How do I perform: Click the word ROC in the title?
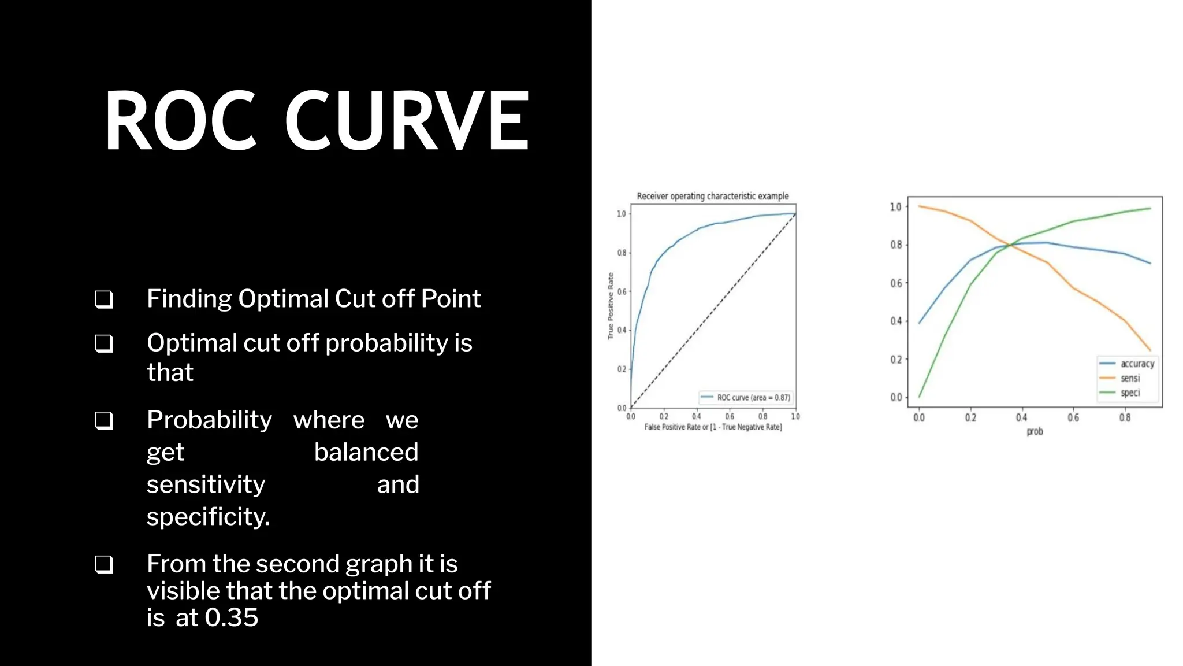pos(180,121)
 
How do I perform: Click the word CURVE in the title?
pos(407,121)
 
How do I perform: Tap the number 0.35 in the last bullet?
pos(232,617)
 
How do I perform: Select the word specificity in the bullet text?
pos(208,516)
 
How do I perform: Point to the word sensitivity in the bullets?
pos(206,484)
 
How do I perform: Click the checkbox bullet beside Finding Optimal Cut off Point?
pos(104,299)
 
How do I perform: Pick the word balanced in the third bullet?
pos(366,452)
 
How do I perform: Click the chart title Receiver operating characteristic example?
pos(712,196)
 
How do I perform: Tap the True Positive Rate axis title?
pos(611,306)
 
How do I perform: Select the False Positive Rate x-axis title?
pos(713,427)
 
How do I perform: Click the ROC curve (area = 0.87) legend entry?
pos(746,398)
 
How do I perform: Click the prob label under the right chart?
pos(1035,431)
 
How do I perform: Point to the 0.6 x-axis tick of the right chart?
pos(1073,417)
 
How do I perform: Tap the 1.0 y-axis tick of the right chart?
pos(896,207)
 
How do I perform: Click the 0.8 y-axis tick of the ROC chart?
pos(622,253)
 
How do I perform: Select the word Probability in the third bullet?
pos(209,420)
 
